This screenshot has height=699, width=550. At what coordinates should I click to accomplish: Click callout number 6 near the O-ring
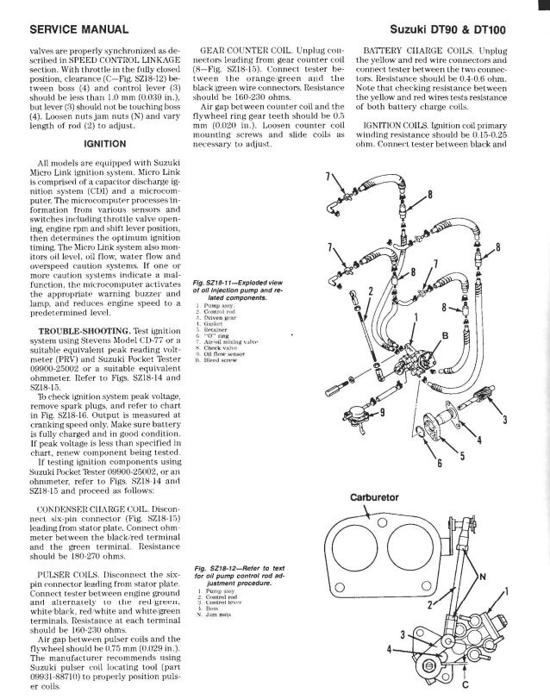pyautogui.click(x=438, y=466)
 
